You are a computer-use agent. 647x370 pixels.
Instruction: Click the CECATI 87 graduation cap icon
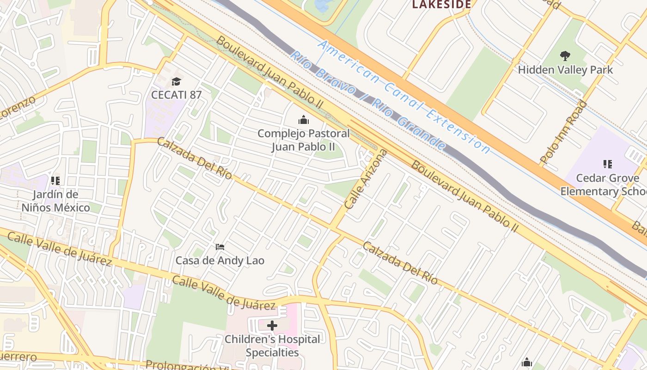click(176, 82)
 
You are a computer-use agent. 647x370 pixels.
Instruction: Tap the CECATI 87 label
click(177, 95)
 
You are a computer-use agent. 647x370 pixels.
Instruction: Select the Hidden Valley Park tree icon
click(565, 56)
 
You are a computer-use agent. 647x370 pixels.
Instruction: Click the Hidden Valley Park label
click(565, 70)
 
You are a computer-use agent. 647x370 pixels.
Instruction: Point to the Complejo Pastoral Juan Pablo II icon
click(303, 120)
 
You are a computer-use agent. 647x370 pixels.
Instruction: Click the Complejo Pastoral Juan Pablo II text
click(303, 140)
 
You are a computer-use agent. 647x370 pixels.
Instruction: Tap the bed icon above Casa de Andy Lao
click(220, 247)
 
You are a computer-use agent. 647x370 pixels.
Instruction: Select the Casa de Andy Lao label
click(220, 260)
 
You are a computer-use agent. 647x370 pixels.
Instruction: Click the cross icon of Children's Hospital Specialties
click(272, 326)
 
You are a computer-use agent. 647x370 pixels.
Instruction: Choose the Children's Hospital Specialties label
click(272, 345)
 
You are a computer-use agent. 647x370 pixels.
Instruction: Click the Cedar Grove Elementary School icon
click(607, 164)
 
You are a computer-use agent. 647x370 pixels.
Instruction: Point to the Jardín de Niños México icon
click(55, 181)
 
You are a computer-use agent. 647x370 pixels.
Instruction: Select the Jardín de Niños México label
click(55, 201)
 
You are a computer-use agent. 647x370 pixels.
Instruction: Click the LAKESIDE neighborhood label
click(441, 5)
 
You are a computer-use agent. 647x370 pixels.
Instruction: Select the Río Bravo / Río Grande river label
click(367, 101)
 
